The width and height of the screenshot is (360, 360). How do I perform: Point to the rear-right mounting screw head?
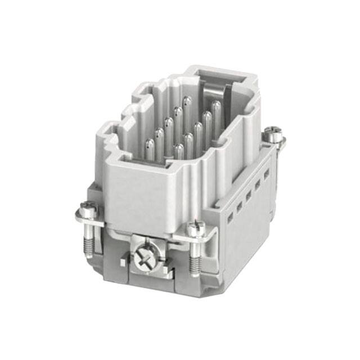[x=273, y=134]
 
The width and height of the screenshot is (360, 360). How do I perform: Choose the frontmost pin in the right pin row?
[x=179, y=150]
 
